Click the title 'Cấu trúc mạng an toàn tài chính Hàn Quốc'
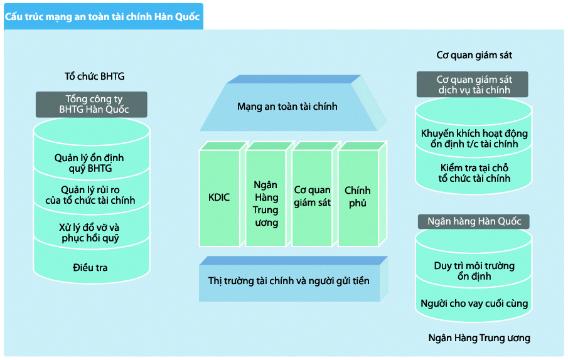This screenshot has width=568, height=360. point(102,17)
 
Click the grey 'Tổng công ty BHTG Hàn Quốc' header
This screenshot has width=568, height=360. point(92,104)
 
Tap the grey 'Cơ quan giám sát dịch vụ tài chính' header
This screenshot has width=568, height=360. point(473,84)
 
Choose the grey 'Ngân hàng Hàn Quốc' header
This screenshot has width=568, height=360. point(474,221)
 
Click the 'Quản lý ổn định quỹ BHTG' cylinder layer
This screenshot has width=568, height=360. point(92,159)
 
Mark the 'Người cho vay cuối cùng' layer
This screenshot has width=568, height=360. point(473,303)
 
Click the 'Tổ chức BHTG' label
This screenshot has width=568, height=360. point(95,77)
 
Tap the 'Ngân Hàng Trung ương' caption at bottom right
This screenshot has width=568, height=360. point(480,338)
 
